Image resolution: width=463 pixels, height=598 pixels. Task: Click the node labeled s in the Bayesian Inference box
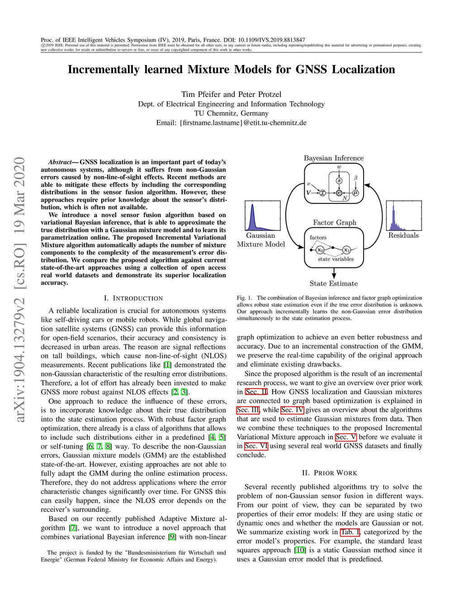coord(339,181)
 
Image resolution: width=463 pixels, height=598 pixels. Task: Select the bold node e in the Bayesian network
coord(339,193)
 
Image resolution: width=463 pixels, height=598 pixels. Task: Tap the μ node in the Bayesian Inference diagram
coord(355,193)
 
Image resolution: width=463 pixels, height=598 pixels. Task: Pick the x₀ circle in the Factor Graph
coord(320,250)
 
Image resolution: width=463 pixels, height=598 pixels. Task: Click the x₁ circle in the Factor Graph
coord(346,250)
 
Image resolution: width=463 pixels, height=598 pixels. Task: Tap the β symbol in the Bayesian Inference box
coord(355,178)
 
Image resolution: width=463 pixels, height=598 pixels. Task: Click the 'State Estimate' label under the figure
coord(334,283)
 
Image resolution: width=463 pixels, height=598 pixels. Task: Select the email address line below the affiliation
coord(231,123)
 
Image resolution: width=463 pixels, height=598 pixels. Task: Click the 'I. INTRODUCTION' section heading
coord(133,298)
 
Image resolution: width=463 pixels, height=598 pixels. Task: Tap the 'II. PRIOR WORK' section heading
coord(330,473)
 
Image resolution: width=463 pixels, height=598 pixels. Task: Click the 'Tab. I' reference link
coord(350,532)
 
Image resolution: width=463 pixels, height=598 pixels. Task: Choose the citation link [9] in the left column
coord(172,537)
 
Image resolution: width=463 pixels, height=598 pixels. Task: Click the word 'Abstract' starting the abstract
coord(60,162)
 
